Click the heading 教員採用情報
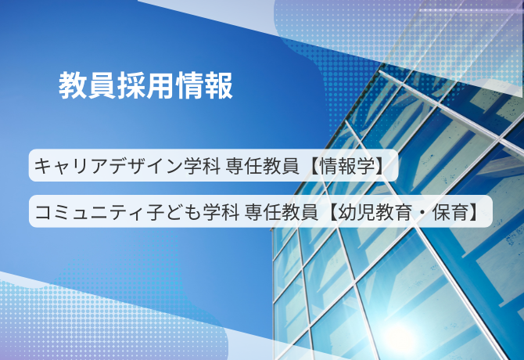tap(145, 85)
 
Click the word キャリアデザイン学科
tap(127, 166)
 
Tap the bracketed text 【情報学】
tap(347, 166)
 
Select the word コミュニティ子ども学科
tap(137, 212)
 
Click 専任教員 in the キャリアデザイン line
tap(262, 166)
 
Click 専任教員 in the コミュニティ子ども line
tap(281, 212)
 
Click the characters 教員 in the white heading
tap(88, 85)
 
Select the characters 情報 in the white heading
tap(204, 85)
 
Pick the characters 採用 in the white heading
tap(146, 85)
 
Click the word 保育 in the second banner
tap(450, 212)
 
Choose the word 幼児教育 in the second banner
tap(375, 212)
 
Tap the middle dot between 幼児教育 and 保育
tap(422, 212)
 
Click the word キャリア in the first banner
tap(71, 166)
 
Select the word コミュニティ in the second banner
tap(90, 212)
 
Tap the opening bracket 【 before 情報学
tap(314, 166)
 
